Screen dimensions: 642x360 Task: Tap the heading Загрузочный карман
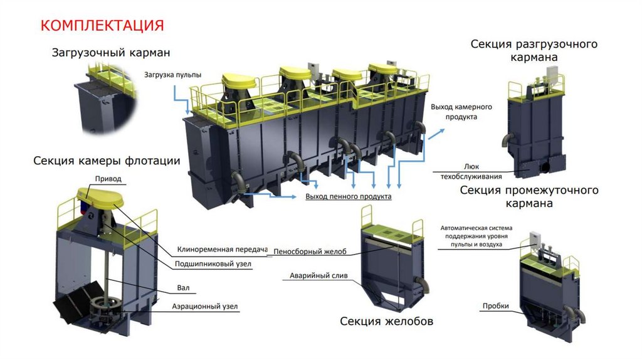click(x=110, y=53)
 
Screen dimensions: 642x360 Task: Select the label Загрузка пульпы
click(x=172, y=75)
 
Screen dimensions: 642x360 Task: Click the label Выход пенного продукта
click(x=348, y=197)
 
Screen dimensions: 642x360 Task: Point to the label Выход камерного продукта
click(x=461, y=112)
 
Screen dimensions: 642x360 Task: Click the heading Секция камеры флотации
click(x=107, y=161)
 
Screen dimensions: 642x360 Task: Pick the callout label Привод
click(x=108, y=179)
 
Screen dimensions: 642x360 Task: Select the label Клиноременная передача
click(x=222, y=249)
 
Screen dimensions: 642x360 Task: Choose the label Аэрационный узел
click(x=205, y=307)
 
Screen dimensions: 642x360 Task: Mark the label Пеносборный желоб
click(x=310, y=252)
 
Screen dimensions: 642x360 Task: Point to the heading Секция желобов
click(x=386, y=322)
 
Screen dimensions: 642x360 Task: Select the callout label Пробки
click(x=495, y=306)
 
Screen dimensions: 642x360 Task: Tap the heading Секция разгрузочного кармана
click(x=533, y=50)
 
